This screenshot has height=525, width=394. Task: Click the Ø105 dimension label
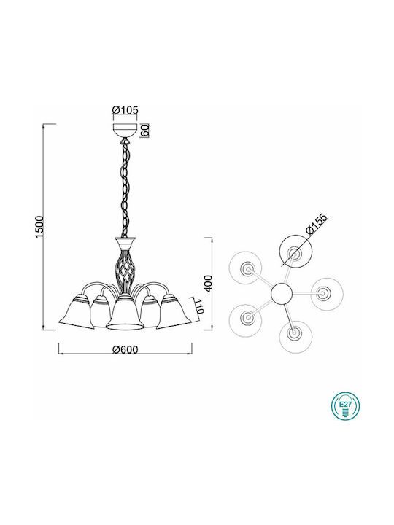coord(125,109)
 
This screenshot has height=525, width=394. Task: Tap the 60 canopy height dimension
coord(144,130)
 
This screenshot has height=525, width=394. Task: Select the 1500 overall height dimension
coord(39,227)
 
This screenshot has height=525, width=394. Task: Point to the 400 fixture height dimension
coord(208,283)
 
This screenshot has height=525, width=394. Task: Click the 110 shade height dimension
coord(199,306)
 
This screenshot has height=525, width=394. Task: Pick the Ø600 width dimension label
coord(125,349)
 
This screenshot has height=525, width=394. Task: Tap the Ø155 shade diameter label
coord(317,225)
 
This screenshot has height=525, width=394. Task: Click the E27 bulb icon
coord(345,407)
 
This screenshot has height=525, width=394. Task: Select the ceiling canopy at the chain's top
coord(125,131)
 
